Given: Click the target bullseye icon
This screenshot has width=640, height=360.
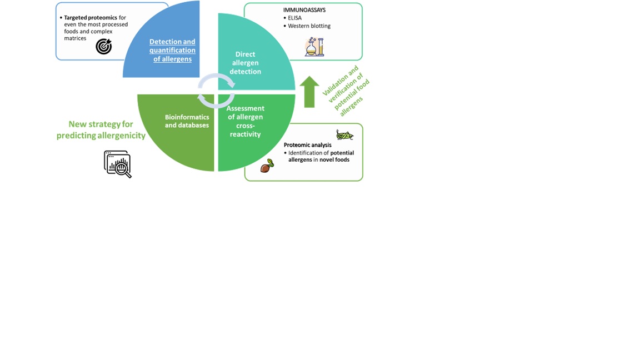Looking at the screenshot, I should point(104,47).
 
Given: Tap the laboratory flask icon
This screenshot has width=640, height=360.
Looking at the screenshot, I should point(314,47).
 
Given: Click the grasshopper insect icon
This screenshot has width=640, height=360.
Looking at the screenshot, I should point(344,134).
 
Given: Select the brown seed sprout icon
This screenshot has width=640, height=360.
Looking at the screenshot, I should point(267,166).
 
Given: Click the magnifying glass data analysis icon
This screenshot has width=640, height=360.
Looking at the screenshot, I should point(118,164).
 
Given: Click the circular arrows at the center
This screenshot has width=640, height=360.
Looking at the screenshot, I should point(217,91).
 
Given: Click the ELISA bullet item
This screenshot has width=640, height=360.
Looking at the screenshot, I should point(294,18).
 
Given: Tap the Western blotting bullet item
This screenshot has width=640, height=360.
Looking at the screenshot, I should point(309,26).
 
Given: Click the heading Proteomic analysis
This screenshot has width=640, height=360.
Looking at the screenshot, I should point(307,145).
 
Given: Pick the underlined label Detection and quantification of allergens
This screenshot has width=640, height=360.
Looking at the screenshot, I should point(172,50).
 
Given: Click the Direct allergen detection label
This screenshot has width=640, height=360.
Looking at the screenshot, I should point(245,63).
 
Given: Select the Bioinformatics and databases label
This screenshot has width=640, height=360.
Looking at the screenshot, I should point(187,121).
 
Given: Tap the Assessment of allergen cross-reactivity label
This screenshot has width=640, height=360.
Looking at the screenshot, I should point(245,121).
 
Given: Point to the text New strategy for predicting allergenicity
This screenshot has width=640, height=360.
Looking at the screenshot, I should point(101,130).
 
